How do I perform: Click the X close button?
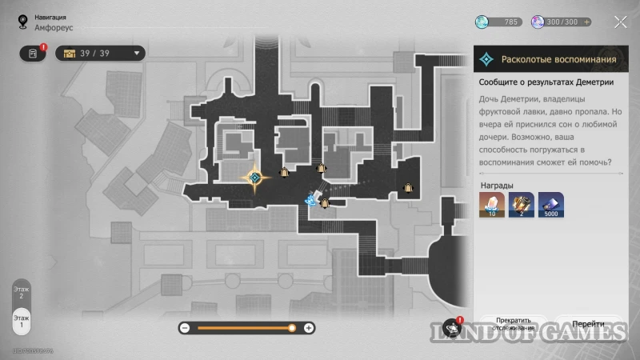click(619, 22)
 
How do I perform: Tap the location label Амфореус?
click(54, 26)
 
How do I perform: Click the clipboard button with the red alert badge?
click(33, 54)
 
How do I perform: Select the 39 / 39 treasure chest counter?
click(100, 54)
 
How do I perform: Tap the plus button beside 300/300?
click(587, 22)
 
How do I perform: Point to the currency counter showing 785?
click(499, 22)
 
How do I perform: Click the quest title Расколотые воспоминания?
click(558, 59)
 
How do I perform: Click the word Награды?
click(497, 186)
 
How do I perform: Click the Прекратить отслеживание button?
click(514, 323)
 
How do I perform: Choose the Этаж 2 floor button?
click(22, 292)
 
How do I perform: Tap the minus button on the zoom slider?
click(185, 328)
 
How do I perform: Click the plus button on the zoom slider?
click(310, 328)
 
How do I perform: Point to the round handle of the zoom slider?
click(292, 328)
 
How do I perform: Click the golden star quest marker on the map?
click(255, 177)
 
